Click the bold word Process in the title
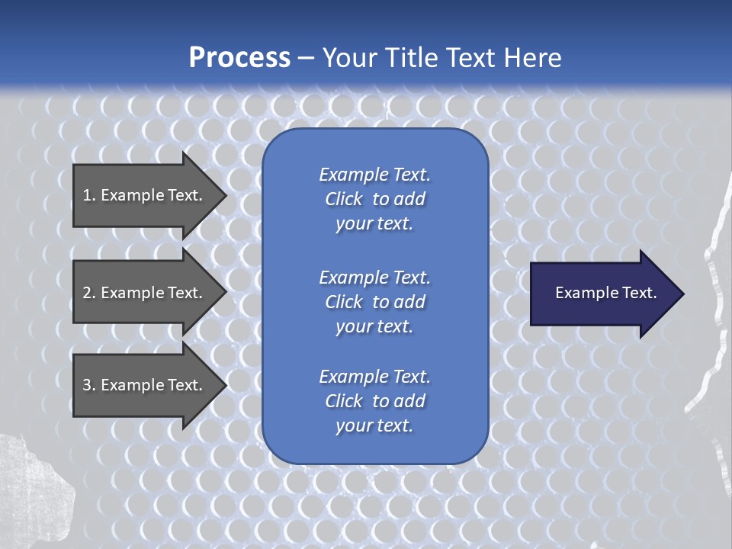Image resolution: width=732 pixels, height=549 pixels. point(239,58)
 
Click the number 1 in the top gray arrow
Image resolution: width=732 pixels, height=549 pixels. point(87,195)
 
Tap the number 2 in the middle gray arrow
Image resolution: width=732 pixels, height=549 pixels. point(87,293)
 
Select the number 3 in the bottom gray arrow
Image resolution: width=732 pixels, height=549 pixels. point(87,385)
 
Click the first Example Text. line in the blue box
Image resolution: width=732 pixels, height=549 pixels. point(374,175)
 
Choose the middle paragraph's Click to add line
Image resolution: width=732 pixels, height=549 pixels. point(374,302)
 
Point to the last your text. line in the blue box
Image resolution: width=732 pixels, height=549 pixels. point(374,425)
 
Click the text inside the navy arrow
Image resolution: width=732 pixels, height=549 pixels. point(605,293)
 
